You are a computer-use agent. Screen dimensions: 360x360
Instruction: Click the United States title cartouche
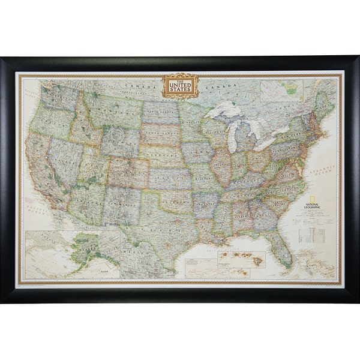[179, 86]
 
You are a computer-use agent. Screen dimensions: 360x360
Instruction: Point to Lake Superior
[225, 112]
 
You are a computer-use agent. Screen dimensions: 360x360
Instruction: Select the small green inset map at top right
[292, 89]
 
